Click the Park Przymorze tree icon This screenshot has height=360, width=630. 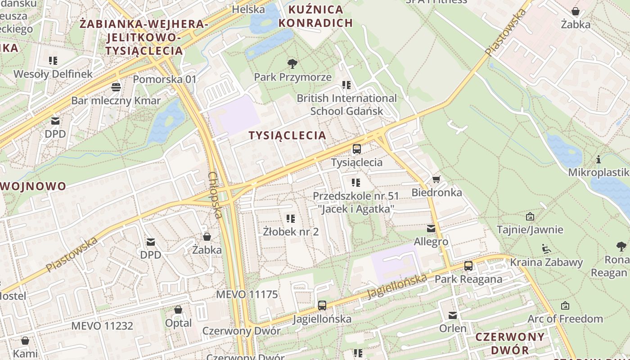292,64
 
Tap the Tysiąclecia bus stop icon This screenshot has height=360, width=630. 357,149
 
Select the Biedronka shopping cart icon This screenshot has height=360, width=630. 436,180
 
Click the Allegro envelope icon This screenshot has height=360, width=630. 431,229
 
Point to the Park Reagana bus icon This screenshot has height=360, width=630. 468,266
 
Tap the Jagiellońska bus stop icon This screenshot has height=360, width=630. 322,306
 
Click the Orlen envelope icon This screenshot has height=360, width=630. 453,315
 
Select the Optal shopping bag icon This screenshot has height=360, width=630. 178,310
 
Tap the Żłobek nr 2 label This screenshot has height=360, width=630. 291,232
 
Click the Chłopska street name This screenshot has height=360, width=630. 216,195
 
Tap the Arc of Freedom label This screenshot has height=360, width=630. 565,319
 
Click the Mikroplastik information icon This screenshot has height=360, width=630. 598,160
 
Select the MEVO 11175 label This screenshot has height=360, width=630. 247,295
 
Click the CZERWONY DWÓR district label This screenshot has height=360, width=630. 510,343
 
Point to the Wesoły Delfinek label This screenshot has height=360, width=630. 53,74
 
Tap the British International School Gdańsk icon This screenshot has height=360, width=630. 346,85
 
